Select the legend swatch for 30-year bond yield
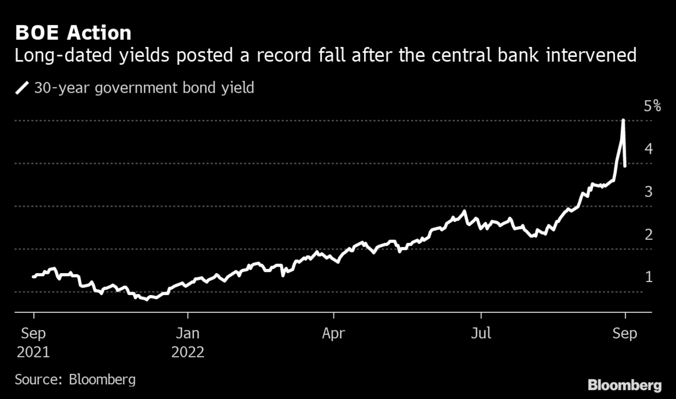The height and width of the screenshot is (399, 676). (x=23, y=88)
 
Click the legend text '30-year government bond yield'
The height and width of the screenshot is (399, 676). (x=144, y=88)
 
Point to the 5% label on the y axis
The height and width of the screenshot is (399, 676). (x=636, y=107)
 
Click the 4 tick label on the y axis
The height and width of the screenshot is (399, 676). (x=632, y=149)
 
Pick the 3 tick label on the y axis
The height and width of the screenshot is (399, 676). (x=632, y=192)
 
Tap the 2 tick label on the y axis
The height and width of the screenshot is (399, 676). (x=632, y=235)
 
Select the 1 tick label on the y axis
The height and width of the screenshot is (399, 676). (x=632, y=277)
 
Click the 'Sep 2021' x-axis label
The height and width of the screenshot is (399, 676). (x=33, y=343)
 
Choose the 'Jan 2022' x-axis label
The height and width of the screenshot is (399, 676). (x=187, y=343)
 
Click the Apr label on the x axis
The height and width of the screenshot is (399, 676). (x=334, y=334)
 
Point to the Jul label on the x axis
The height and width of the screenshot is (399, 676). (x=481, y=334)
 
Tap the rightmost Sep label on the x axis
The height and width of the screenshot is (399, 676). (x=624, y=334)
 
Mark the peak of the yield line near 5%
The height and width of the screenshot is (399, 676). (x=623, y=121)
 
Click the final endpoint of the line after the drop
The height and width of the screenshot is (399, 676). (x=626, y=166)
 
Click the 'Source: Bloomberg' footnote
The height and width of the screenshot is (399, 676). (x=75, y=379)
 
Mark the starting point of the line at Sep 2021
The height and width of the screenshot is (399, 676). (x=33, y=277)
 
